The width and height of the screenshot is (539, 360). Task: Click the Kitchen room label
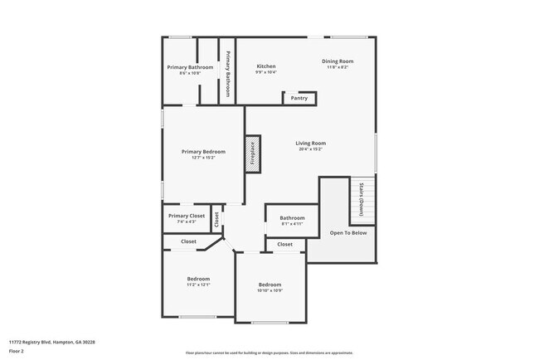coord(265,66)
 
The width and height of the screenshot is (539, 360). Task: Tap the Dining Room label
coord(338,61)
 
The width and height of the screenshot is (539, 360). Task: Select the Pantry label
coord(299,98)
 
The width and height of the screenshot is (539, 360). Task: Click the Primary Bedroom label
coord(203,152)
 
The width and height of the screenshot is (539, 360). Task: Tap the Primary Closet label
coord(187,216)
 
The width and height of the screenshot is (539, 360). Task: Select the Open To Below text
coord(348,233)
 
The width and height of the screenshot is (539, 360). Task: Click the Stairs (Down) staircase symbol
coord(362,202)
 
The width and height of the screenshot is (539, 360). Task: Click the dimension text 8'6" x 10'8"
coord(190,74)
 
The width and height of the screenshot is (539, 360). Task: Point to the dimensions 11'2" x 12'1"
coord(198,285)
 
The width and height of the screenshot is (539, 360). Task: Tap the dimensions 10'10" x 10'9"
coord(269,290)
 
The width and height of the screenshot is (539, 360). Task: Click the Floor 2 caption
coord(17,351)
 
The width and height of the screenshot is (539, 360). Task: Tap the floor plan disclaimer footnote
coord(269,352)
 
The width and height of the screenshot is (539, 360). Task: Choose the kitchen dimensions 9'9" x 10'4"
coord(265,73)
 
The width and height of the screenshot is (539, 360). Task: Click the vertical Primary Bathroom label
coord(228,71)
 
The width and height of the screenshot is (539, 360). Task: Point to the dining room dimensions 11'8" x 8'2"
coord(338,68)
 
